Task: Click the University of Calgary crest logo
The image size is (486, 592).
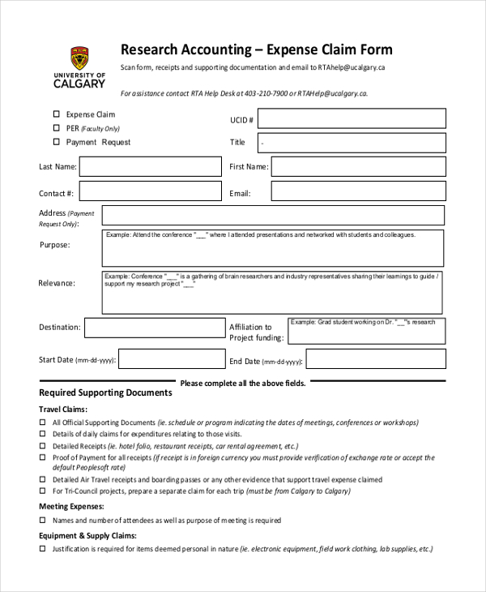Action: [78, 55]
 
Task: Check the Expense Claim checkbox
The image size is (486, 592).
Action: [57, 114]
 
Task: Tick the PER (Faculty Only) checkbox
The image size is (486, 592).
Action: [57, 128]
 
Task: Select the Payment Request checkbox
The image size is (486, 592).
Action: [57, 142]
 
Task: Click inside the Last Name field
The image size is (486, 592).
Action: [150, 167]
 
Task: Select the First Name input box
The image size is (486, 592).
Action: [358, 167]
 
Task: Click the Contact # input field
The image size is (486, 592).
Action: [150, 191]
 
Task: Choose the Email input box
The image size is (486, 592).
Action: [358, 191]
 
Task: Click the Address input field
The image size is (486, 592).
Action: [273, 216]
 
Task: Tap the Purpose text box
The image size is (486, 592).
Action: [273, 247]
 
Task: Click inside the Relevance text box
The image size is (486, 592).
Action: [273, 291]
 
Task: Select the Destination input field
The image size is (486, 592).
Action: [155, 328]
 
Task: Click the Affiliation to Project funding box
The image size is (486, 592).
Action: [366, 331]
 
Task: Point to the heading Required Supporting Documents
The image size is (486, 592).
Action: [105, 393]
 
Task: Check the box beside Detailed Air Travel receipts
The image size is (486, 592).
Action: [43, 479]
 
